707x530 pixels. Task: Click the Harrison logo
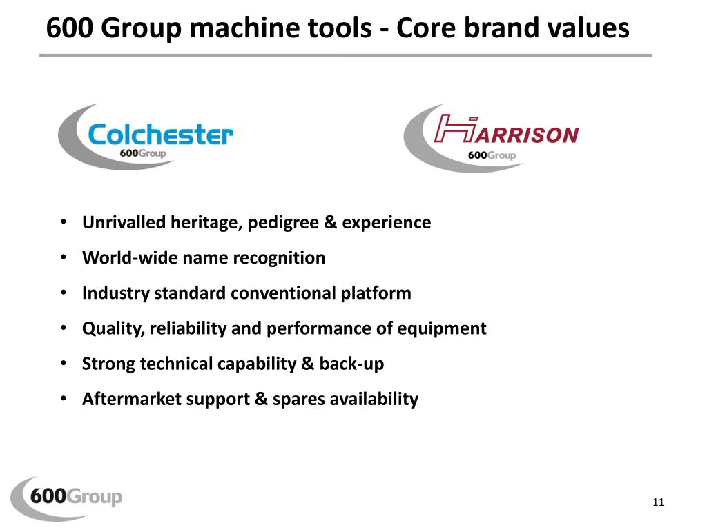pyautogui.click(x=492, y=136)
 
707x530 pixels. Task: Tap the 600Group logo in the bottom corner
pyautogui.click(x=67, y=497)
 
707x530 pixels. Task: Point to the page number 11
pyautogui.click(x=657, y=502)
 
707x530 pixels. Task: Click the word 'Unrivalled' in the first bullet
pyautogui.click(x=124, y=222)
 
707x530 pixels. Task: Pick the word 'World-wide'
pyautogui.click(x=130, y=257)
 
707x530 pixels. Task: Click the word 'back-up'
pyautogui.click(x=351, y=364)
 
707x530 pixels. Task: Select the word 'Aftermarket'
pyautogui.click(x=131, y=399)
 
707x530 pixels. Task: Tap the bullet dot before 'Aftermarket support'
pyautogui.click(x=63, y=398)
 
